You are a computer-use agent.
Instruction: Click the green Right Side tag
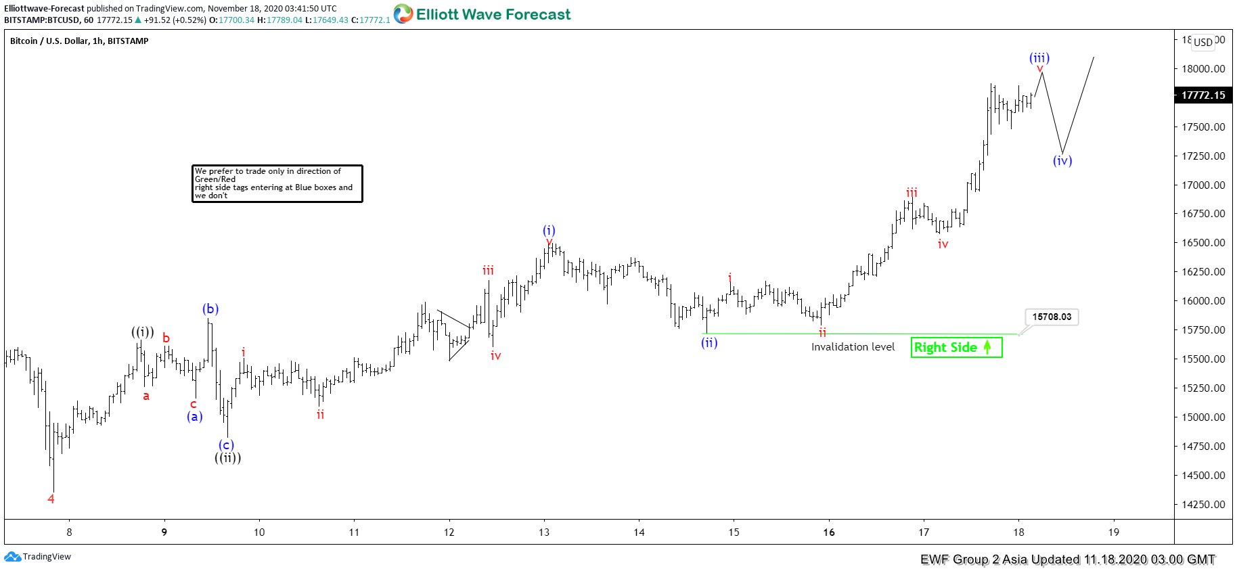[955, 347]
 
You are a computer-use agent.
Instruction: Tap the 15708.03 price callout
[1052, 317]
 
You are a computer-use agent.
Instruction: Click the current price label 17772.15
[1203, 95]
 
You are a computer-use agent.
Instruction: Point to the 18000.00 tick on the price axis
[1203, 68]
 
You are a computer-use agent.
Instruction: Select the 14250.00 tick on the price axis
[1203, 504]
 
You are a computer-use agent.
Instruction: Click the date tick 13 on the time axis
[544, 532]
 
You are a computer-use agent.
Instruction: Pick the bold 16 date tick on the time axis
[829, 532]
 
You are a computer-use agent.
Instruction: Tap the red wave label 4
[51, 499]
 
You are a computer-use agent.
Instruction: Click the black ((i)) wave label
[142, 332]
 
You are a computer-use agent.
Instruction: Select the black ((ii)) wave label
[228, 458]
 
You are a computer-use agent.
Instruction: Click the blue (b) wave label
[210, 309]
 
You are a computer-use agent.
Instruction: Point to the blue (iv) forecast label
[1062, 161]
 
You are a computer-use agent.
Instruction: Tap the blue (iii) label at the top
[1039, 58]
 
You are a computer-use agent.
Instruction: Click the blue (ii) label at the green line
[709, 343]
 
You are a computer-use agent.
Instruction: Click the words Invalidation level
[853, 347]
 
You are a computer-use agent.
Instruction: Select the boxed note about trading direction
[277, 183]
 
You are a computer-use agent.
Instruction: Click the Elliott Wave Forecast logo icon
[403, 14]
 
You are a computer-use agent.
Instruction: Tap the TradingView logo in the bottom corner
[38, 557]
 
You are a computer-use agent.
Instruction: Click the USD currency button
[1202, 42]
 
